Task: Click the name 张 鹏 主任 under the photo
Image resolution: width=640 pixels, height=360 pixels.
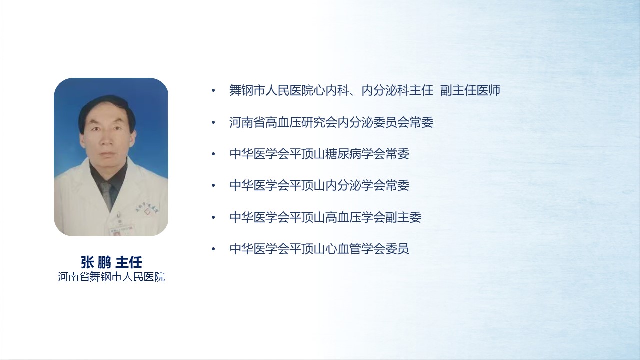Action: point(111,262)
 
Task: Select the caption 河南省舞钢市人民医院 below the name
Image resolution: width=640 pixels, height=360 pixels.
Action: point(111,277)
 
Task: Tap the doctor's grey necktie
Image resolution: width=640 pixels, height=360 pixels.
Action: point(107,195)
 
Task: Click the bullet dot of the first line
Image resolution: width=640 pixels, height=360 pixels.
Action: point(213,91)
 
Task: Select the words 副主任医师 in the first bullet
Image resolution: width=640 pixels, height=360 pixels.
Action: point(470,90)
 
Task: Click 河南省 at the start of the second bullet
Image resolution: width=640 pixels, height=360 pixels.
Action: point(247,122)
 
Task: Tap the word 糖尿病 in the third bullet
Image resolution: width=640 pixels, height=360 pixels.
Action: point(343,154)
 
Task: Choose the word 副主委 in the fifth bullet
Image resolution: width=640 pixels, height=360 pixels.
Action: point(403,217)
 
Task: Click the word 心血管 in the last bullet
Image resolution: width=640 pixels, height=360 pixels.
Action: point(343,249)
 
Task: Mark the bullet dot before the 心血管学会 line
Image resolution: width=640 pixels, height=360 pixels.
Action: point(213,249)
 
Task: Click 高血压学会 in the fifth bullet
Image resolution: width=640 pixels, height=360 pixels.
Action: point(355,217)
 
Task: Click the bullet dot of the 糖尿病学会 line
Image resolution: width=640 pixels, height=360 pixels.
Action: point(213,154)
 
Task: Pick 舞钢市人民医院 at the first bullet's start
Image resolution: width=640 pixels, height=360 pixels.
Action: point(271,90)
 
